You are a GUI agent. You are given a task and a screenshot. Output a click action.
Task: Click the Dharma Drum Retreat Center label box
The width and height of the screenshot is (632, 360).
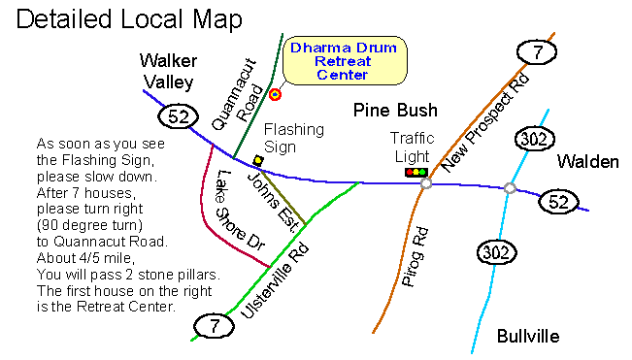pyautogui.click(x=345, y=61)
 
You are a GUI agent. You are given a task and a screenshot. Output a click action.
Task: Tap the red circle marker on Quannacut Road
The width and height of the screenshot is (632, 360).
pyautogui.click(x=275, y=94)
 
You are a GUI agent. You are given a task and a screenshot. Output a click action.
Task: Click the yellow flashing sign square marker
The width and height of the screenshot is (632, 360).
pyautogui.click(x=257, y=159)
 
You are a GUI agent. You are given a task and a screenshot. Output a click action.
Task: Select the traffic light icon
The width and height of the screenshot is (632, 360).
pyautogui.click(x=416, y=173)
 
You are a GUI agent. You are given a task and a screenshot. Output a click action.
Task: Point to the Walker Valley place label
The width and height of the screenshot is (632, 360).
pyautogui.click(x=167, y=71)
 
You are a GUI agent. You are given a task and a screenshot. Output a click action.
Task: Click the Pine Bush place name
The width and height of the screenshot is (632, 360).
pyautogui.click(x=395, y=110)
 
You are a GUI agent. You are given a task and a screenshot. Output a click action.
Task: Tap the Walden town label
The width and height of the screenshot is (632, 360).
pyautogui.click(x=586, y=162)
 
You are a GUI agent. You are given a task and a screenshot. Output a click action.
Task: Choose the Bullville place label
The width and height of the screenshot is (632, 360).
pyautogui.click(x=527, y=336)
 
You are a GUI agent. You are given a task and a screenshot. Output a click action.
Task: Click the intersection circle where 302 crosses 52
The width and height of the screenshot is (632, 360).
pyautogui.click(x=510, y=187)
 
